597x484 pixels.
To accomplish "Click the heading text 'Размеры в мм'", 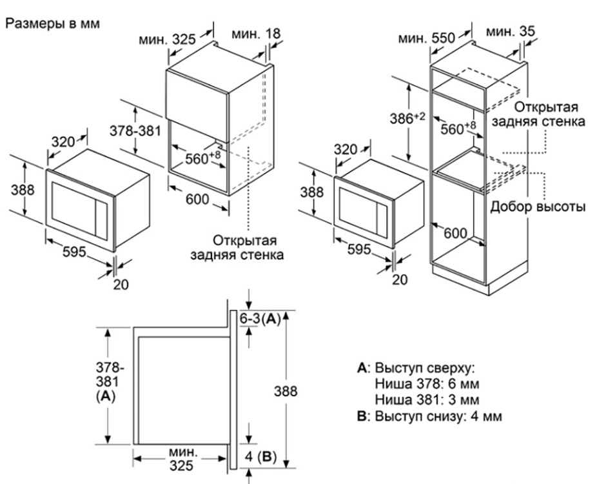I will point(54,23).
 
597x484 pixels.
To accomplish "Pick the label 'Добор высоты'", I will point(538,207).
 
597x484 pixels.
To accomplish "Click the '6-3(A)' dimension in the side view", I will point(260,319).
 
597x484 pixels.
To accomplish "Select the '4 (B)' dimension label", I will point(262,457).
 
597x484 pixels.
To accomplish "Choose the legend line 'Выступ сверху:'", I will point(416,368).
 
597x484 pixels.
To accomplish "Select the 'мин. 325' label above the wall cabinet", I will point(167,39).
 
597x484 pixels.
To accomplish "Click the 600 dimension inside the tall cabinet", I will point(455,234).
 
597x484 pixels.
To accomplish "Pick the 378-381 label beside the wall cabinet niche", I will point(136,131).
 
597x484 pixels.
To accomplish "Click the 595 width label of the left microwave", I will point(74,252).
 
